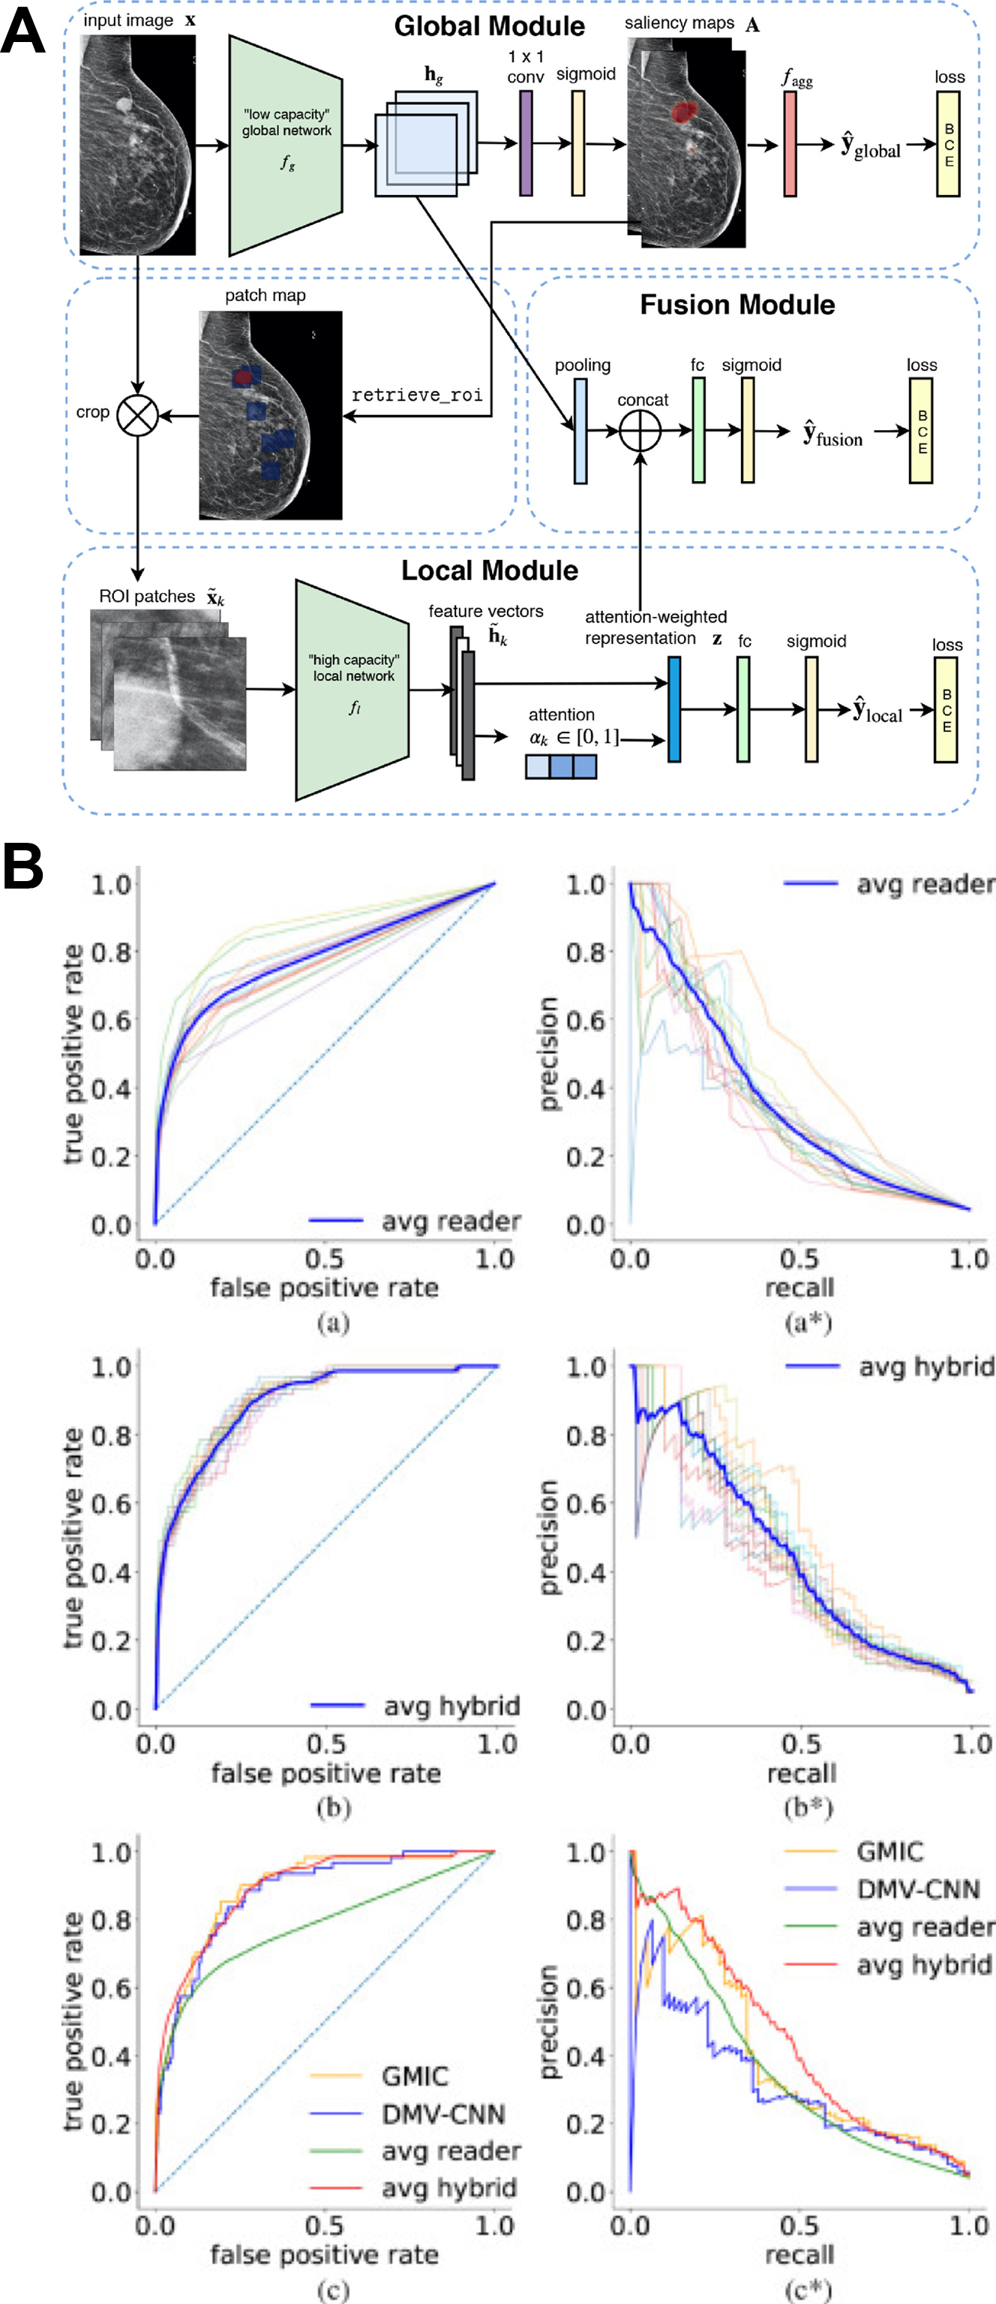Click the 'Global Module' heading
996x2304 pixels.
click(x=489, y=26)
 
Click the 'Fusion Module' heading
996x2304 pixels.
click(x=736, y=305)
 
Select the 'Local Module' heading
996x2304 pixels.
click(x=489, y=570)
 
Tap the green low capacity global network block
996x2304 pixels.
click(x=286, y=145)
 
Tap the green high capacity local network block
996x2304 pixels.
click(x=353, y=690)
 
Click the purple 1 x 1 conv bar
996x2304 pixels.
click(x=526, y=143)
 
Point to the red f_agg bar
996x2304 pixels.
click(x=790, y=143)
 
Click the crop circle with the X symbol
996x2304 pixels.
click(x=138, y=415)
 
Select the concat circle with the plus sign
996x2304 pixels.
click(x=640, y=431)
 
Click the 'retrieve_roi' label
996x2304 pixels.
click(x=417, y=395)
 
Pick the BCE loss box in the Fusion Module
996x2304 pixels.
click(x=922, y=431)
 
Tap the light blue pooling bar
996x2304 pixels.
click(x=580, y=431)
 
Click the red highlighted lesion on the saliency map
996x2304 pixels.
click(x=683, y=112)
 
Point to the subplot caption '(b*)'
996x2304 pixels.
click(x=807, y=1808)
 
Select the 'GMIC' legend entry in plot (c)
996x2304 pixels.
click(x=414, y=2075)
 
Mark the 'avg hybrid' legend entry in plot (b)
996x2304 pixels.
click(x=451, y=1706)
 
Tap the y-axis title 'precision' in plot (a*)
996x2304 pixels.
click(x=549, y=1054)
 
